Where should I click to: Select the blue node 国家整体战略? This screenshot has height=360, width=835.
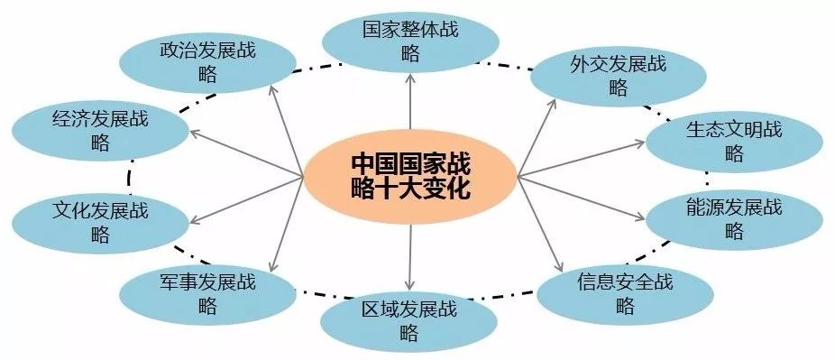(x=410, y=41)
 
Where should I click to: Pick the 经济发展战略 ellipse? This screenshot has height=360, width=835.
(x=100, y=130)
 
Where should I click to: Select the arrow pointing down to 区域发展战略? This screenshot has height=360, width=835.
(x=409, y=254)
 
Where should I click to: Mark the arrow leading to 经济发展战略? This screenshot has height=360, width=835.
(x=243, y=152)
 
